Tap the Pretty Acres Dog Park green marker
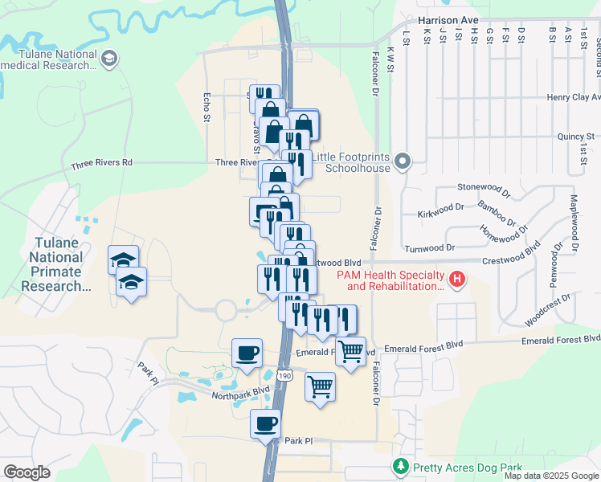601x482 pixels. coord(400,466)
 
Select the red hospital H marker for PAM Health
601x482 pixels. coord(457,280)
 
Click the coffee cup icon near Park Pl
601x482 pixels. coord(265,423)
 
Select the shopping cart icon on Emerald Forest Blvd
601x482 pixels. coord(350,351)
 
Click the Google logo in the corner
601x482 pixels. coord(27,472)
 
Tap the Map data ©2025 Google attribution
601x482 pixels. coord(551,476)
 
